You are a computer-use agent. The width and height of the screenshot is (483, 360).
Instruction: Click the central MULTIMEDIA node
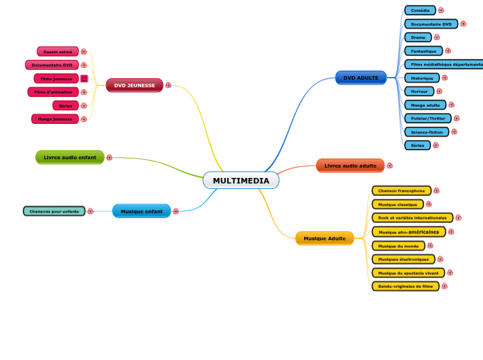click(241, 181)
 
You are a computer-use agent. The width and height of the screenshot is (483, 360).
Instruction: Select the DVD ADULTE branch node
click(360, 78)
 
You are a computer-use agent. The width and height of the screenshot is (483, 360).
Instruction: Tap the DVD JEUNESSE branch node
click(134, 85)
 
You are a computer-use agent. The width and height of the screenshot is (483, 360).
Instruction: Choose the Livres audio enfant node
click(70, 158)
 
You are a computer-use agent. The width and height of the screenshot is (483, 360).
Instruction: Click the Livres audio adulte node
click(350, 166)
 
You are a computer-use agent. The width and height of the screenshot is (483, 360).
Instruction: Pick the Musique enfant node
click(141, 211)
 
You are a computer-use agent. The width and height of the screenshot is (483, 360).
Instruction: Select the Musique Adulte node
click(324, 239)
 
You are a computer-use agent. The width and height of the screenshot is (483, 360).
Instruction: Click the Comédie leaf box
click(420, 10)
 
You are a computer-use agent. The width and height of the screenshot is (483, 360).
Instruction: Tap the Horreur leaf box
click(419, 91)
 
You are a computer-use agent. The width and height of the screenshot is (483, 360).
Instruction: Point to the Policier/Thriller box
click(428, 118)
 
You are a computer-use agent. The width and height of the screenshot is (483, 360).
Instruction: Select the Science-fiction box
click(426, 132)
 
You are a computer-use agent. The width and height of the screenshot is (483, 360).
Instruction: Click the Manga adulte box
click(425, 105)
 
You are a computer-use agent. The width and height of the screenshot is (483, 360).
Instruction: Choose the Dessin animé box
click(58, 51)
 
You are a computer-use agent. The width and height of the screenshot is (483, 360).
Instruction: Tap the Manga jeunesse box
click(55, 119)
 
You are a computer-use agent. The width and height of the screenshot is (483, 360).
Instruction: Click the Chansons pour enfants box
click(54, 211)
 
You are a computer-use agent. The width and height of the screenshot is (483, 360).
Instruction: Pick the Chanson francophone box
click(401, 190)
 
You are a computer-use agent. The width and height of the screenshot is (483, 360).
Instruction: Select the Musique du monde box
click(398, 246)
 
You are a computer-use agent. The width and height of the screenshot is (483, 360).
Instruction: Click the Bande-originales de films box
click(405, 286)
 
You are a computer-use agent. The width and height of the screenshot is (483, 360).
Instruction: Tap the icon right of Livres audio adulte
click(389, 165)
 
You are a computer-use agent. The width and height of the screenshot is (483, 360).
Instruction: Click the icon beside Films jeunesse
click(84, 79)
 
